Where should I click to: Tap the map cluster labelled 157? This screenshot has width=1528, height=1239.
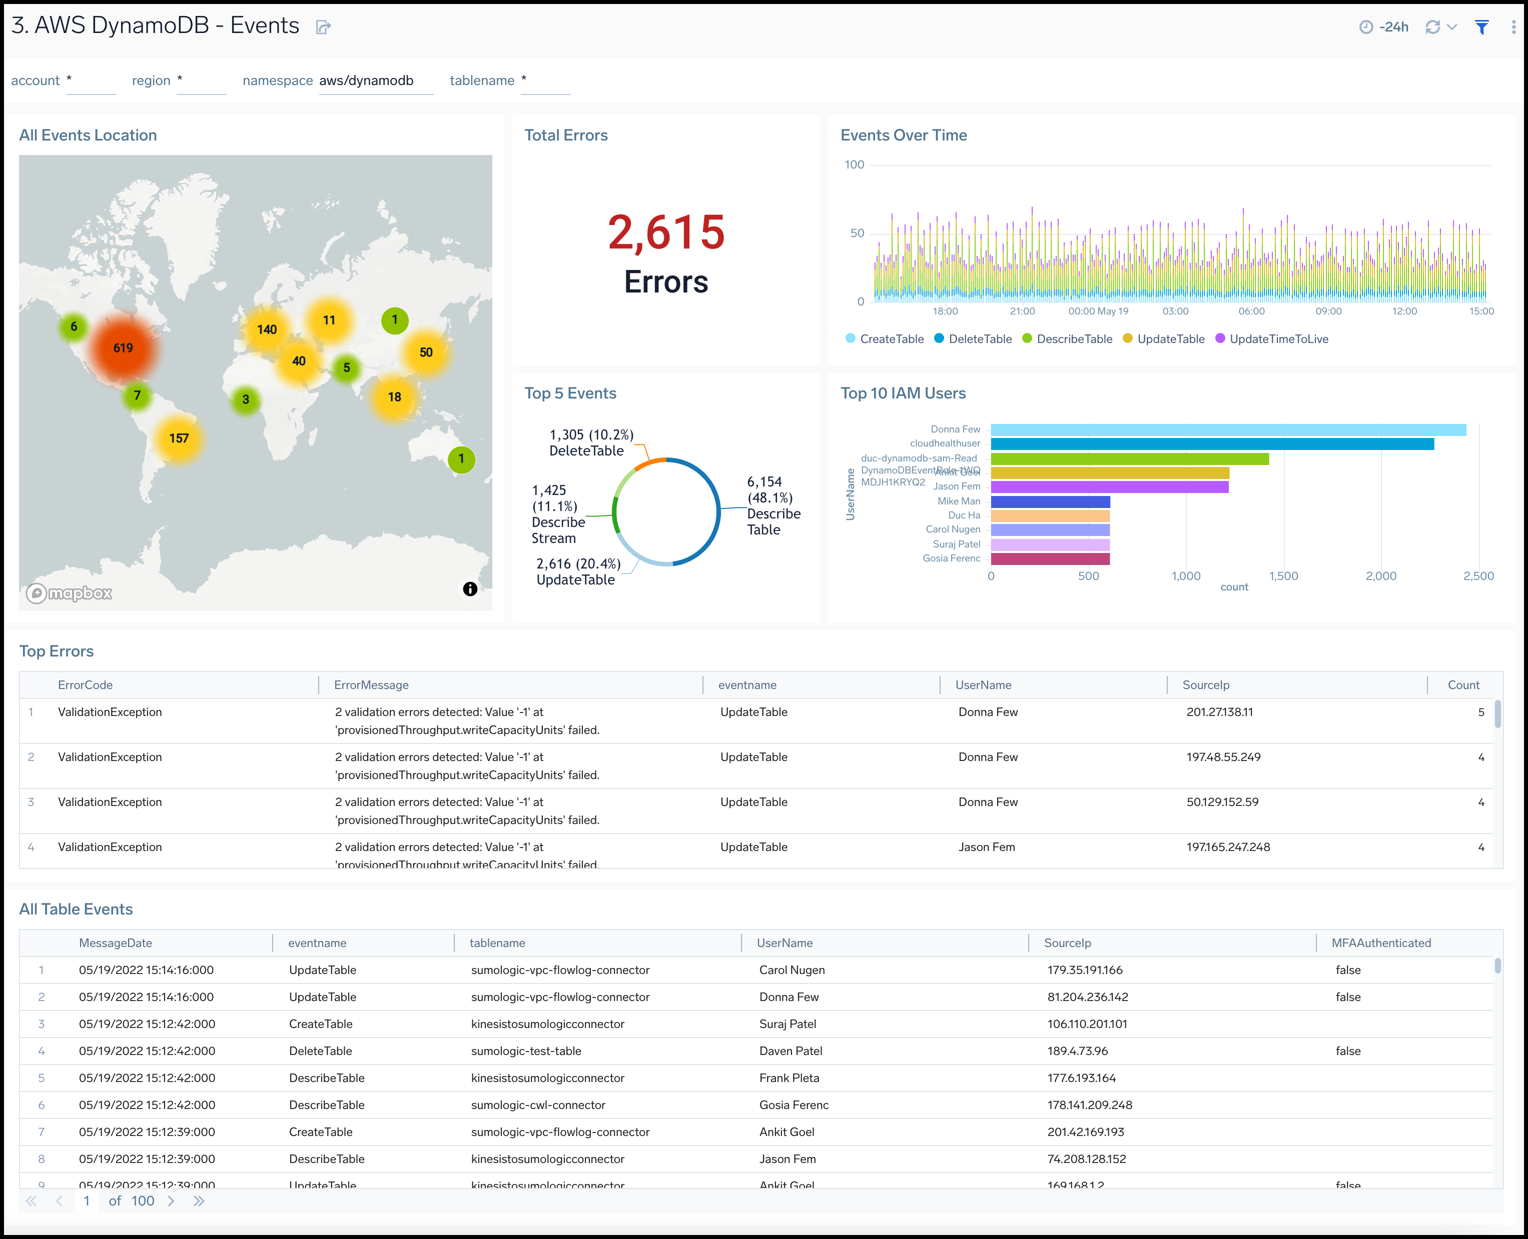[x=179, y=438]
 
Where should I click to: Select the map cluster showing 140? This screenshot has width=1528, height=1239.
[x=266, y=329]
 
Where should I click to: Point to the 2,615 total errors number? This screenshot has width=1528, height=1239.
[x=665, y=232]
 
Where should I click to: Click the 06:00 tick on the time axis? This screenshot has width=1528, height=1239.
[x=1251, y=311]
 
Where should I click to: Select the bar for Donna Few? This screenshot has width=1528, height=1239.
[x=1228, y=429]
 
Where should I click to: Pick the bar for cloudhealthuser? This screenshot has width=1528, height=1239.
[x=1212, y=444]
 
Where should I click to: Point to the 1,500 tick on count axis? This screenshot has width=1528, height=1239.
[x=1283, y=576]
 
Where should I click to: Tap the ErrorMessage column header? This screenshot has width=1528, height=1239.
[x=371, y=685]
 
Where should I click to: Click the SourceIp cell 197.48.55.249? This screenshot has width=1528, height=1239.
[x=1223, y=757]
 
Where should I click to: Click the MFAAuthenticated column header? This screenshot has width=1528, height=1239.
[x=1380, y=943]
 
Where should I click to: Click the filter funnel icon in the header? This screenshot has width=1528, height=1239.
[x=1481, y=27]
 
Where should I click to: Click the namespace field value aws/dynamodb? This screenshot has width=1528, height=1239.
[x=366, y=80]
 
